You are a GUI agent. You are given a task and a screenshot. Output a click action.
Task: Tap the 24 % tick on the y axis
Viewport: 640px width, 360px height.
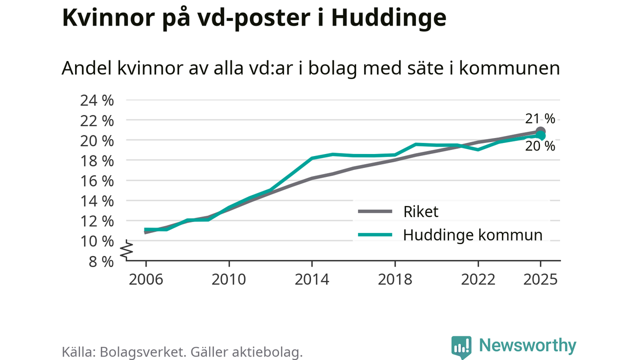click(97, 100)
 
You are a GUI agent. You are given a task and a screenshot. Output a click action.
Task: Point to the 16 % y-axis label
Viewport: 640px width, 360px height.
click(97, 180)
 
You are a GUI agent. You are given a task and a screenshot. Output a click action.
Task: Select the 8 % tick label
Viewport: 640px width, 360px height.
click(101, 261)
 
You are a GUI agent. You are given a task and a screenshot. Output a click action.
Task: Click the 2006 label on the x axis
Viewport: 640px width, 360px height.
click(145, 278)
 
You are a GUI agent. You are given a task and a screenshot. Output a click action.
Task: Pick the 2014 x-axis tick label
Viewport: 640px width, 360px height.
click(312, 278)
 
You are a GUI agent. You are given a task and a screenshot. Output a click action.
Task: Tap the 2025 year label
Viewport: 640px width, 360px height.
click(540, 278)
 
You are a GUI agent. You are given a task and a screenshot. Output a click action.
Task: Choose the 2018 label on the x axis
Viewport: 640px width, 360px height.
click(395, 278)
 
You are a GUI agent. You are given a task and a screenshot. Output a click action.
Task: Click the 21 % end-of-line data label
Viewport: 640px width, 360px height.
click(540, 119)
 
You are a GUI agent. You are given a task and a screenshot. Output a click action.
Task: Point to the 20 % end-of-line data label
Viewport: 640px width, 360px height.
click(540, 146)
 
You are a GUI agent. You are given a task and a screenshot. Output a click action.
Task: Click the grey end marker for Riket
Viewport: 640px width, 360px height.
click(540, 132)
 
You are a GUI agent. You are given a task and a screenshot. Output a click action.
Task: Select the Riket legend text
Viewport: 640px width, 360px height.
click(420, 211)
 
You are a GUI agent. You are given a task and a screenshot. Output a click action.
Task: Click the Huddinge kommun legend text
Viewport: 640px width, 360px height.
click(472, 235)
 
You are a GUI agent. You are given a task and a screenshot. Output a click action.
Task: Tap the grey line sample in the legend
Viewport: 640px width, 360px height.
click(375, 212)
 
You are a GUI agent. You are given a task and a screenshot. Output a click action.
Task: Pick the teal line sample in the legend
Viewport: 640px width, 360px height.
click(375, 235)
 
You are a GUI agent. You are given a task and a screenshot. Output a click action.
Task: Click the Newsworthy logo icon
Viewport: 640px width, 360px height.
click(461, 346)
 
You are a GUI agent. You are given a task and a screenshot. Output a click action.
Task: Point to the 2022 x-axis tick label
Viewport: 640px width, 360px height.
click(478, 278)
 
